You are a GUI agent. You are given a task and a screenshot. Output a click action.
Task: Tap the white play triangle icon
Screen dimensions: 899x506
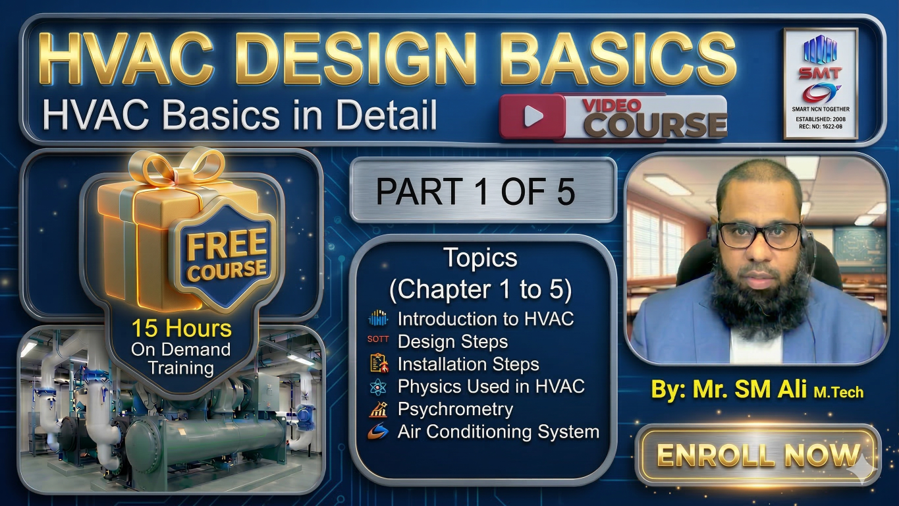[533, 117]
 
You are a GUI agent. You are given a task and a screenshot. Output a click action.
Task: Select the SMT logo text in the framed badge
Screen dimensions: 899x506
[821, 73]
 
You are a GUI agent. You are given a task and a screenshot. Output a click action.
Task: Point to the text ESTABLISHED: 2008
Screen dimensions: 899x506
[821, 119]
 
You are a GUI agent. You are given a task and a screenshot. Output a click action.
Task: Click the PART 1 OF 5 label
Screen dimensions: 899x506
[476, 192]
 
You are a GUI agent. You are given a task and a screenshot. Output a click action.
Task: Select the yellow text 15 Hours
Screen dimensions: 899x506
[181, 328]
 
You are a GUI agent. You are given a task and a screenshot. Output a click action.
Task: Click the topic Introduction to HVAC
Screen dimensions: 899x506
[485, 319]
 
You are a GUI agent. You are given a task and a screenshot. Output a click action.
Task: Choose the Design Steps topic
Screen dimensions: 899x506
[452, 342]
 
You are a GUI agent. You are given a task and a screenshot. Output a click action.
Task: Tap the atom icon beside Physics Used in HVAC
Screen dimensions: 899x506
[378, 387]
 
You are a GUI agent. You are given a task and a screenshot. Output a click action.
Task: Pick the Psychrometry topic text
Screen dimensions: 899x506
[456, 409]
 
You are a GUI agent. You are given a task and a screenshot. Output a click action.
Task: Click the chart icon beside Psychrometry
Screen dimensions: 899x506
[378, 409]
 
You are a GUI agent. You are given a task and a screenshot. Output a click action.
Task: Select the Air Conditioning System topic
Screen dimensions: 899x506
[499, 432]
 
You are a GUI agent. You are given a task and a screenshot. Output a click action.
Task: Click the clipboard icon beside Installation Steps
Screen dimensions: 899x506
[379, 363]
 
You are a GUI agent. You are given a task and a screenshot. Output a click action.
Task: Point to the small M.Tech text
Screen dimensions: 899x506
[838, 393]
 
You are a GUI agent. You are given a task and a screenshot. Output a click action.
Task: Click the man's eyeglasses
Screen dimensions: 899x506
[759, 235]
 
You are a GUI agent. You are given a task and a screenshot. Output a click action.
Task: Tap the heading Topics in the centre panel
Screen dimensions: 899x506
[480, 258]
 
